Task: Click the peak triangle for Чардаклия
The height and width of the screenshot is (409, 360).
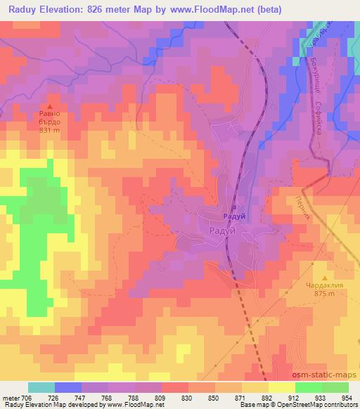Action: click(324, 279)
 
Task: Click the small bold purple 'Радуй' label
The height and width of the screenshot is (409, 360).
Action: click(234, 217)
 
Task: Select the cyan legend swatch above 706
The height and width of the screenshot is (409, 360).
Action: click(41, 387)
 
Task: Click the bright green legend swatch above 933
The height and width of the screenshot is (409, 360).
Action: click(309, 387)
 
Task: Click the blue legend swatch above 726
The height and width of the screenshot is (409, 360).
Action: click(68, 387)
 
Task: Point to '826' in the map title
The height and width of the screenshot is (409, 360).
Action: click(105, 10)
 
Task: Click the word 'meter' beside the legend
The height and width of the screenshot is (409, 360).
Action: click(12, 397)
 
